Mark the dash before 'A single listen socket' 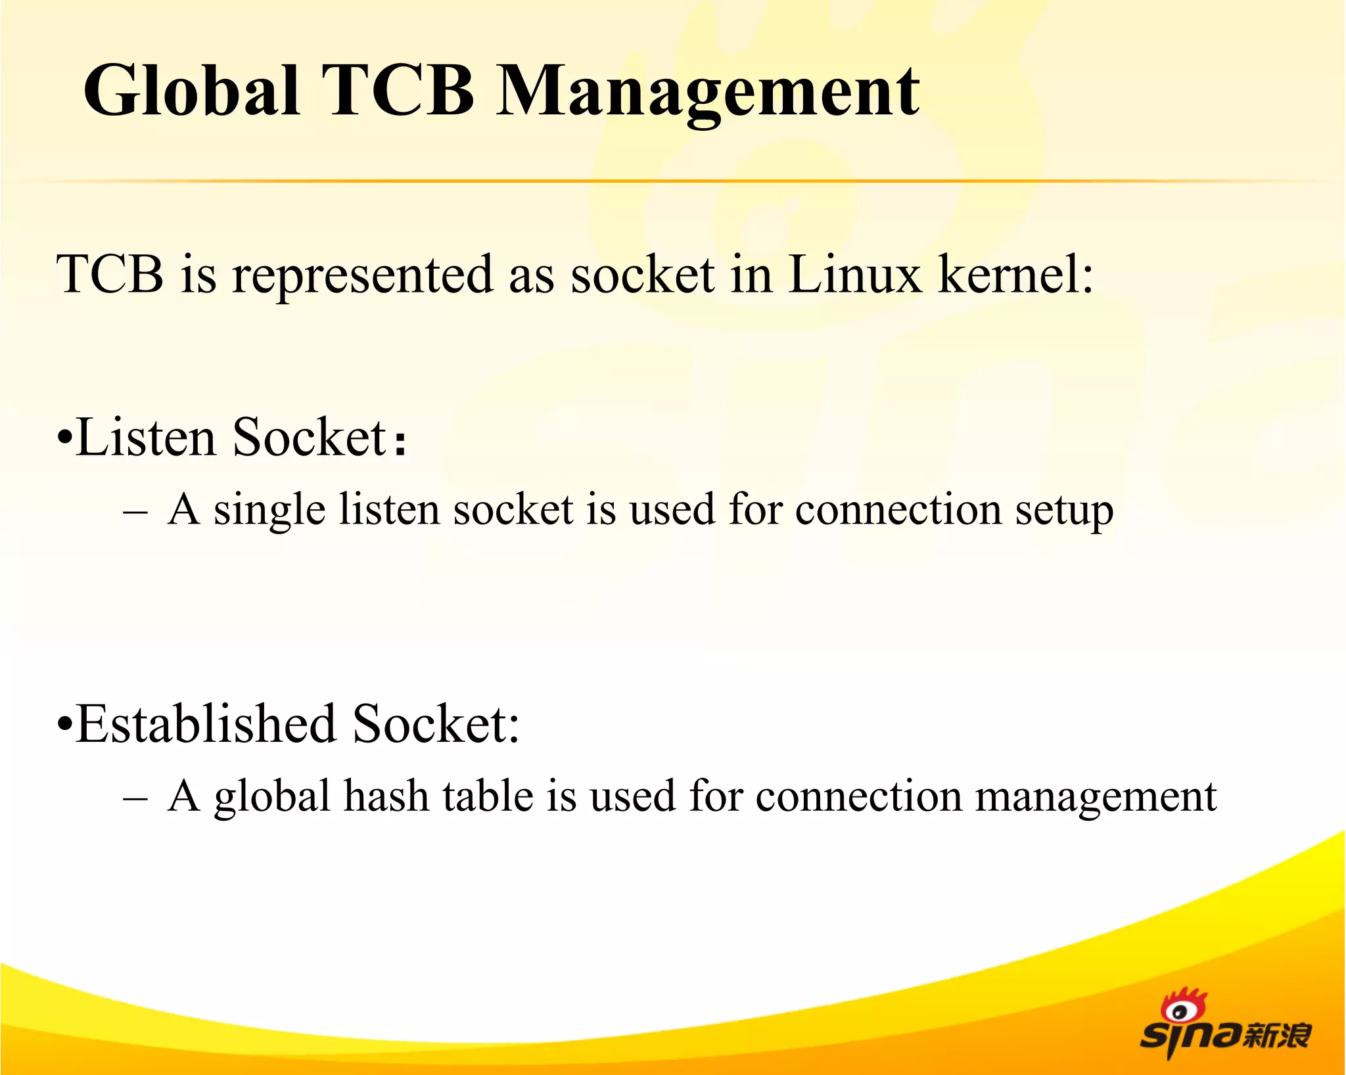click(x=135, y=512)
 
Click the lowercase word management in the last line click(x=1096, y=798)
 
